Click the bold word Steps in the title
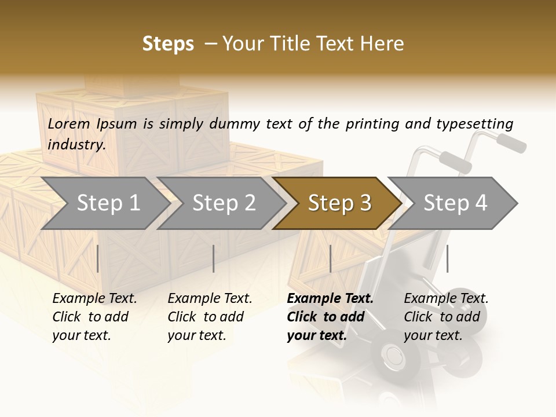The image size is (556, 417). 168,44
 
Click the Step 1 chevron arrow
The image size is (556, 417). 104,203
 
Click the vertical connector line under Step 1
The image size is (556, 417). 97,258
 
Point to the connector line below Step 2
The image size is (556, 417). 214,258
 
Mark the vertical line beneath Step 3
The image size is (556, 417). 330,258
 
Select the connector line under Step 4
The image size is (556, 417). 447,258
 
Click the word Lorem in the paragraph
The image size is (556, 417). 69,123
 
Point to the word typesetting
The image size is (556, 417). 474,124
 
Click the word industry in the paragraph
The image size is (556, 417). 76,145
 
